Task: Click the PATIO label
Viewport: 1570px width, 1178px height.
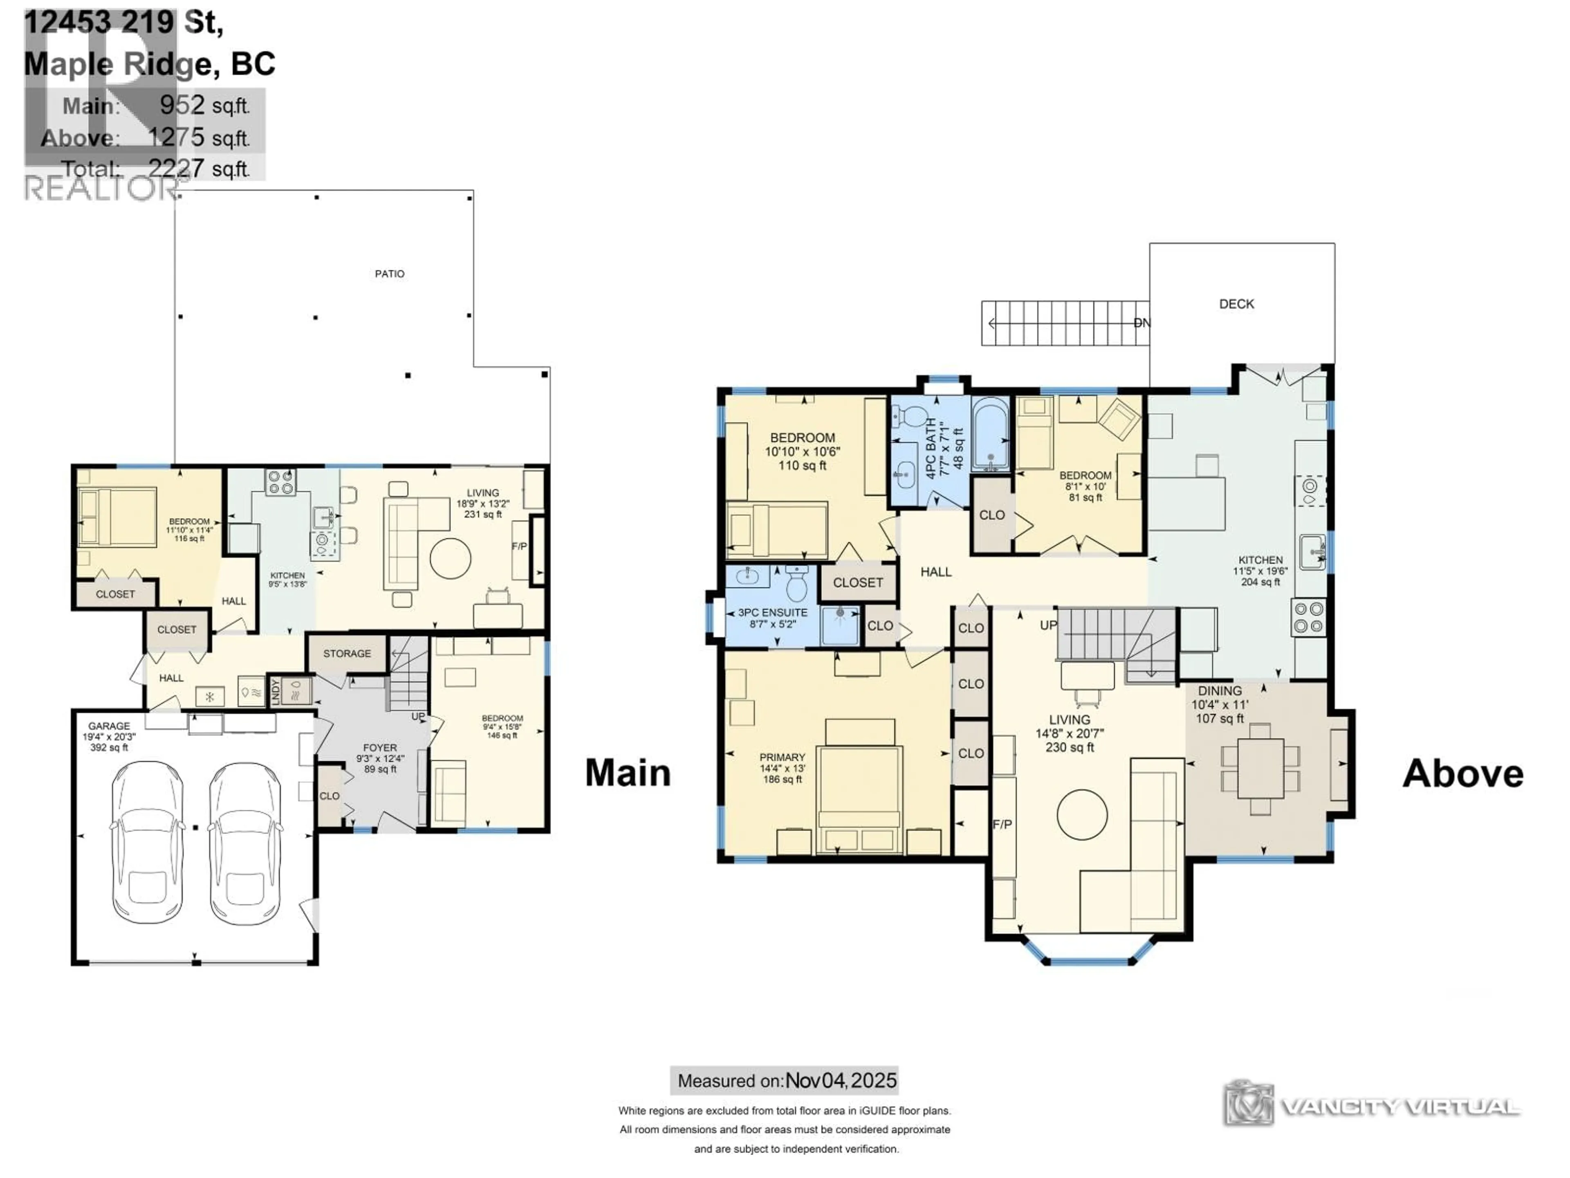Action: [x=390, y=273]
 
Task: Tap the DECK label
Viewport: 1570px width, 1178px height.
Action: [x=1236, y=304]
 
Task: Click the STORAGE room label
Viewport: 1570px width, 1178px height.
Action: [x=347, y=653]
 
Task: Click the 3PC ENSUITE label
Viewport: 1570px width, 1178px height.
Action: [x=772, y=612]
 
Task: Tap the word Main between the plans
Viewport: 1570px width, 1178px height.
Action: [x=628, y=773]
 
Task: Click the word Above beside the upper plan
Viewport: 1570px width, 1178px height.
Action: [x=1463, y=773]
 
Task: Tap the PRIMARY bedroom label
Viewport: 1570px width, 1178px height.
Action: [x=782, y=758]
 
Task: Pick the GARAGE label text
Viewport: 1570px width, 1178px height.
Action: [x=109, y=726]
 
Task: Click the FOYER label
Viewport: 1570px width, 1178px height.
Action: [x=380, y=748]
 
